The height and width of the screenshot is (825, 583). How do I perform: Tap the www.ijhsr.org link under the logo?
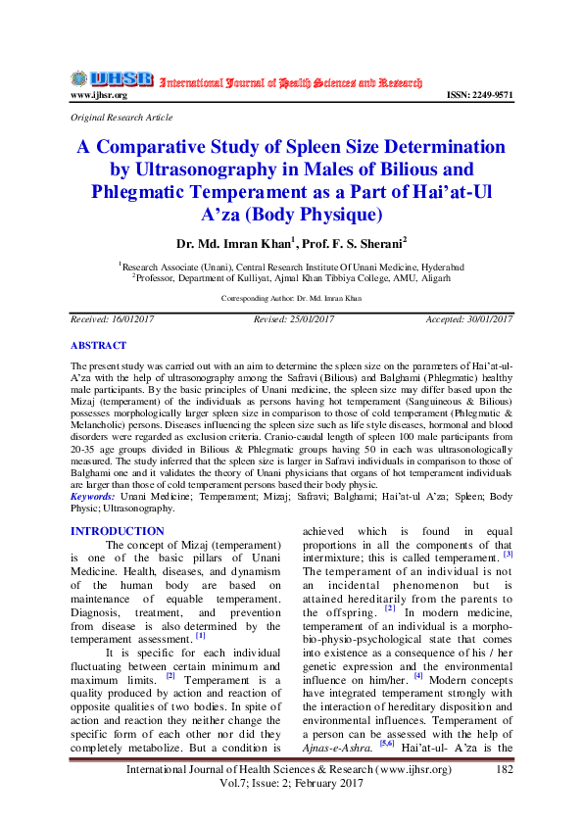click(98, 95)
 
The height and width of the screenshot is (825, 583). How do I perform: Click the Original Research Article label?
click(121, 118)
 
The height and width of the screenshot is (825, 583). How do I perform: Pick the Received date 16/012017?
click(113, 319)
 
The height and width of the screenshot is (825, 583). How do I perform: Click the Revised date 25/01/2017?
click(294, 319)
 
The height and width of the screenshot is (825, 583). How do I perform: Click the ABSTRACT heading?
click(98, 346)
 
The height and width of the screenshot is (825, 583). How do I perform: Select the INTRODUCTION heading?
click(118, 531)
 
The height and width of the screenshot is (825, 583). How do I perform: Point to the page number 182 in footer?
click(506, 771)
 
